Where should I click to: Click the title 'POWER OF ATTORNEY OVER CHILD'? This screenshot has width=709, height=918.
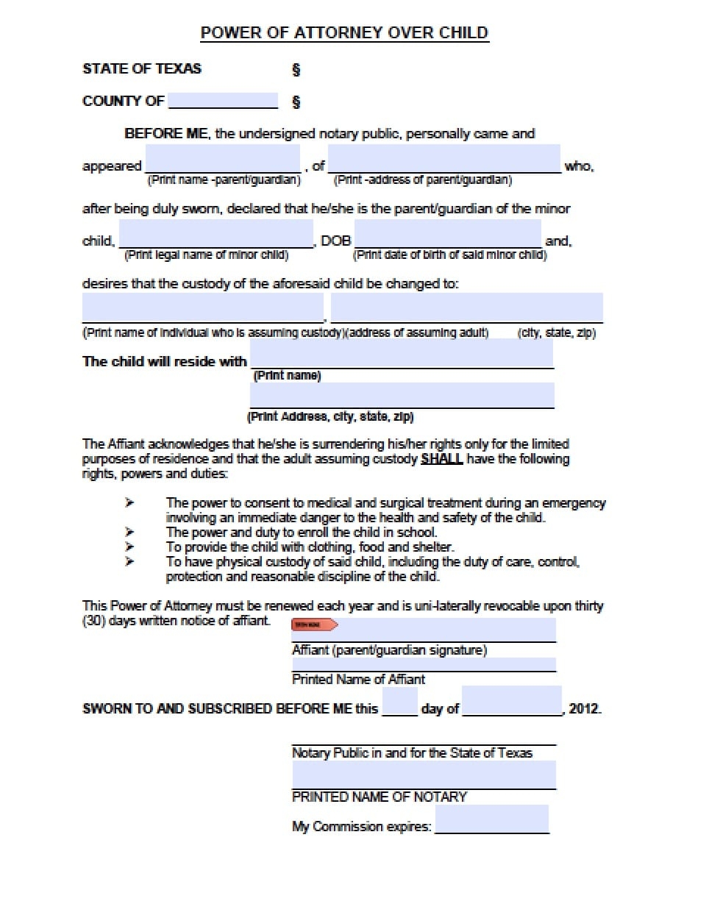tap(344, 32)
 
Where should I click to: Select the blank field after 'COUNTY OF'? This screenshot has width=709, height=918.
tap(223, 101)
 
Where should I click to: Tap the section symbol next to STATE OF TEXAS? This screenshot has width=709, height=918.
tap(296, 69)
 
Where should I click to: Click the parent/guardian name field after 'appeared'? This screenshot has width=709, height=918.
tap(222, 160)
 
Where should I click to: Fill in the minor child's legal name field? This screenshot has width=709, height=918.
tap(215, 235)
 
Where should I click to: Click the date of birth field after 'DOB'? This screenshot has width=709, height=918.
tap(447, 235)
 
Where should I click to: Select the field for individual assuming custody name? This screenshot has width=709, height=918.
tap(202, 307)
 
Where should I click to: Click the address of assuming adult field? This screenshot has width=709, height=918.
tap(466, 307)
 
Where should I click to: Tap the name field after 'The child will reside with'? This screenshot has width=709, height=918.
tap(402, 354)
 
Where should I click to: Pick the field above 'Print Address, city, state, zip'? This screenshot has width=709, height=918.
tap(402, 395)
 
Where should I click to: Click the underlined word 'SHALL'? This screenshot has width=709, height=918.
tap(441, 459)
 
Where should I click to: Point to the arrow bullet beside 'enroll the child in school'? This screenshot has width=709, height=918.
tap(129, 532)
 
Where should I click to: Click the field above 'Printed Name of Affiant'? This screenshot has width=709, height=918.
tap(424, 664)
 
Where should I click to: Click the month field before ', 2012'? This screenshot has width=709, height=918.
tap(512, 701)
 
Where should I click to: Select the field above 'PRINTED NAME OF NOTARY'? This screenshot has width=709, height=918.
tap(424, 775)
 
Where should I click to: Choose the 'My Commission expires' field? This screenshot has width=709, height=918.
tap(491, 819)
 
